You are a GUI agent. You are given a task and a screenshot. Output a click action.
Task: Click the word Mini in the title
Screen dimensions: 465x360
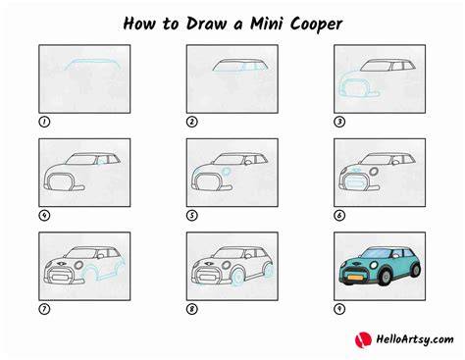pos(267,24)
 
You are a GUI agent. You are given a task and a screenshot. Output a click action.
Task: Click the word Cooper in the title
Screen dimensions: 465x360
pos(317,25)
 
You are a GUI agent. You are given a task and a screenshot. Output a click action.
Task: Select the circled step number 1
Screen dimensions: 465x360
pos(44,122)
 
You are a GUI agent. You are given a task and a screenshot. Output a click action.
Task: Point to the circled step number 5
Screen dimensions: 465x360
pos(192,216)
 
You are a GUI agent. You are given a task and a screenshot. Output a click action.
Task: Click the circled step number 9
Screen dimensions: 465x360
pos(339,309)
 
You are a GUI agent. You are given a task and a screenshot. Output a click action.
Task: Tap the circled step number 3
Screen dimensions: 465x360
pos(339,122)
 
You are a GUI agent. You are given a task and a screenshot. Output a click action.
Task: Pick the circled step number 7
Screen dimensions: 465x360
pos(44,309)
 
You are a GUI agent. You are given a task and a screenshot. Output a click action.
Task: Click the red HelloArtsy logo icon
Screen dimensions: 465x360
pos(363,339)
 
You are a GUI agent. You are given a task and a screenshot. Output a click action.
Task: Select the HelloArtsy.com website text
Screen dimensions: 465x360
pos(415,339)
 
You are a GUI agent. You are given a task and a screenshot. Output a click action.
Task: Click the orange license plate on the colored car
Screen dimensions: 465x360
pos(355,278)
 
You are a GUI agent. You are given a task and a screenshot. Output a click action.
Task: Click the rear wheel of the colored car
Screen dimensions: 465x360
pos(416,270)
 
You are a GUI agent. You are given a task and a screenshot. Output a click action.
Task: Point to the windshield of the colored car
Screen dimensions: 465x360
pos(377,253)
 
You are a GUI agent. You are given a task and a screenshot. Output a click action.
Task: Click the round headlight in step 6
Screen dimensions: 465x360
pos(374,172)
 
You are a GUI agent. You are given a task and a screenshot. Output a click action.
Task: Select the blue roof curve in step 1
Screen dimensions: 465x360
pos(92,61)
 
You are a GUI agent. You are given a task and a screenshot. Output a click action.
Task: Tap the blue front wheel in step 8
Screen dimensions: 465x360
pos(238,278)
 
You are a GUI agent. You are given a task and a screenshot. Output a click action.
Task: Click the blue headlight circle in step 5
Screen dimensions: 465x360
pos(226,172)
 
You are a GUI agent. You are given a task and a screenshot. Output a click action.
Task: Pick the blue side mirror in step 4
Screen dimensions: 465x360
pos(101,162)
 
